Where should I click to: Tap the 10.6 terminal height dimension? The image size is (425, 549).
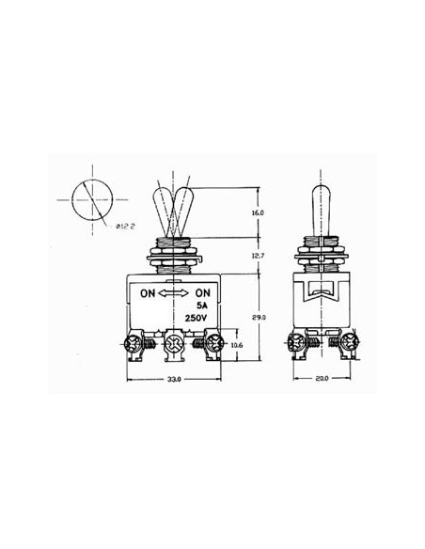click(237, 345)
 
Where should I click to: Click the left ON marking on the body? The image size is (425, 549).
click(148, 292)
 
